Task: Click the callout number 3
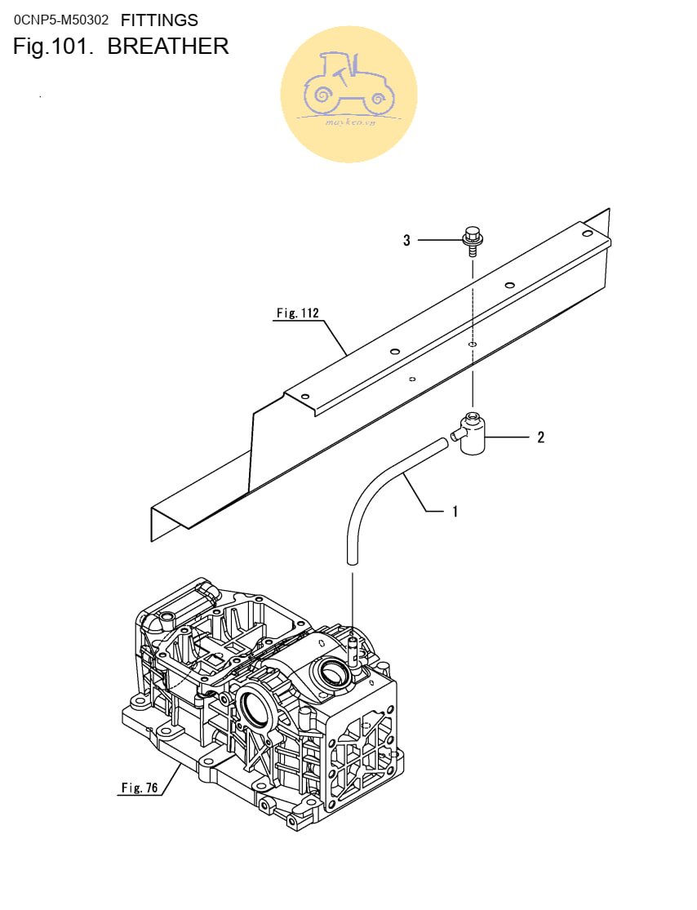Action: [x=406, y=240]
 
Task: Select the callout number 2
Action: [x=541, y=437]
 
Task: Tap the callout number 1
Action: [x=455, y=511]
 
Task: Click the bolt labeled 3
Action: [x=473, y=240]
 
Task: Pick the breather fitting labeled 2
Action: [x=471, y=433]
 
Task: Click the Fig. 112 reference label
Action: [x=298, y=313]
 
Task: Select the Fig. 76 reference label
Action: [x=140, y=788]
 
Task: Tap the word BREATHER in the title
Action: [x=168, y=47]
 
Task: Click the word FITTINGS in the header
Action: [x=160, y=20]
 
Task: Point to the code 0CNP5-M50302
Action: [x=61, y=20]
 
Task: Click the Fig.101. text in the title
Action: [x=53, y=47]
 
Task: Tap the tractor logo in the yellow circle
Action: [x=349, y=86]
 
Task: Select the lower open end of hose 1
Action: [x=352, y=561]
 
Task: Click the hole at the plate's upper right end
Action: [x=588, y=233]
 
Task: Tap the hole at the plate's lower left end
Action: [x=305, y=397]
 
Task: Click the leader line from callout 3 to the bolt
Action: [x=440, y=240]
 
